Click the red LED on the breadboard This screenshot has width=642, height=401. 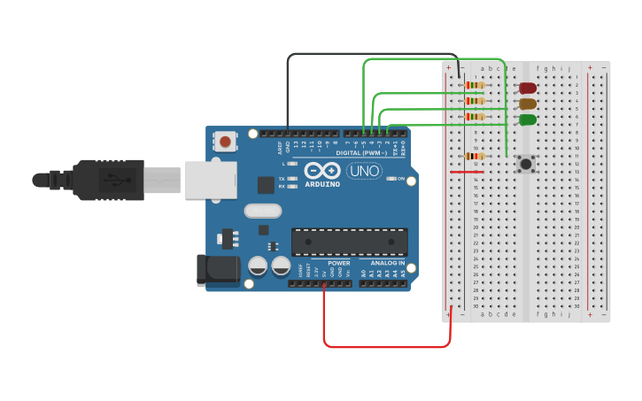tap(528, 88)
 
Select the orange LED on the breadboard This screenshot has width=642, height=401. tap(528, 104)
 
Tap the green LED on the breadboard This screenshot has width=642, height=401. tap(528, 120)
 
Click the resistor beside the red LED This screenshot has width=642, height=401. tap(476, 85)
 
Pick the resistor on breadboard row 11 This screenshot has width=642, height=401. tap(476, 156)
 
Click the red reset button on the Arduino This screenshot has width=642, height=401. tap(226, 141)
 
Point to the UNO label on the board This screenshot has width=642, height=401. tap(364, 171)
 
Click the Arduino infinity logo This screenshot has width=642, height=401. tap(321, 170)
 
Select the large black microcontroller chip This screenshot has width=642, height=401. tap(350, 242)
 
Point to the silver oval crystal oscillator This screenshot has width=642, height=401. tap(262, 211)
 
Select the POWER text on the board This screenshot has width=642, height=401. tap(338, 263)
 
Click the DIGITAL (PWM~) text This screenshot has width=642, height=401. tap(367, 153)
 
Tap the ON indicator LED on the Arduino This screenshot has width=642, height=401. tap(392, 179)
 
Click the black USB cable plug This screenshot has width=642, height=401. tap(106, 180)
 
